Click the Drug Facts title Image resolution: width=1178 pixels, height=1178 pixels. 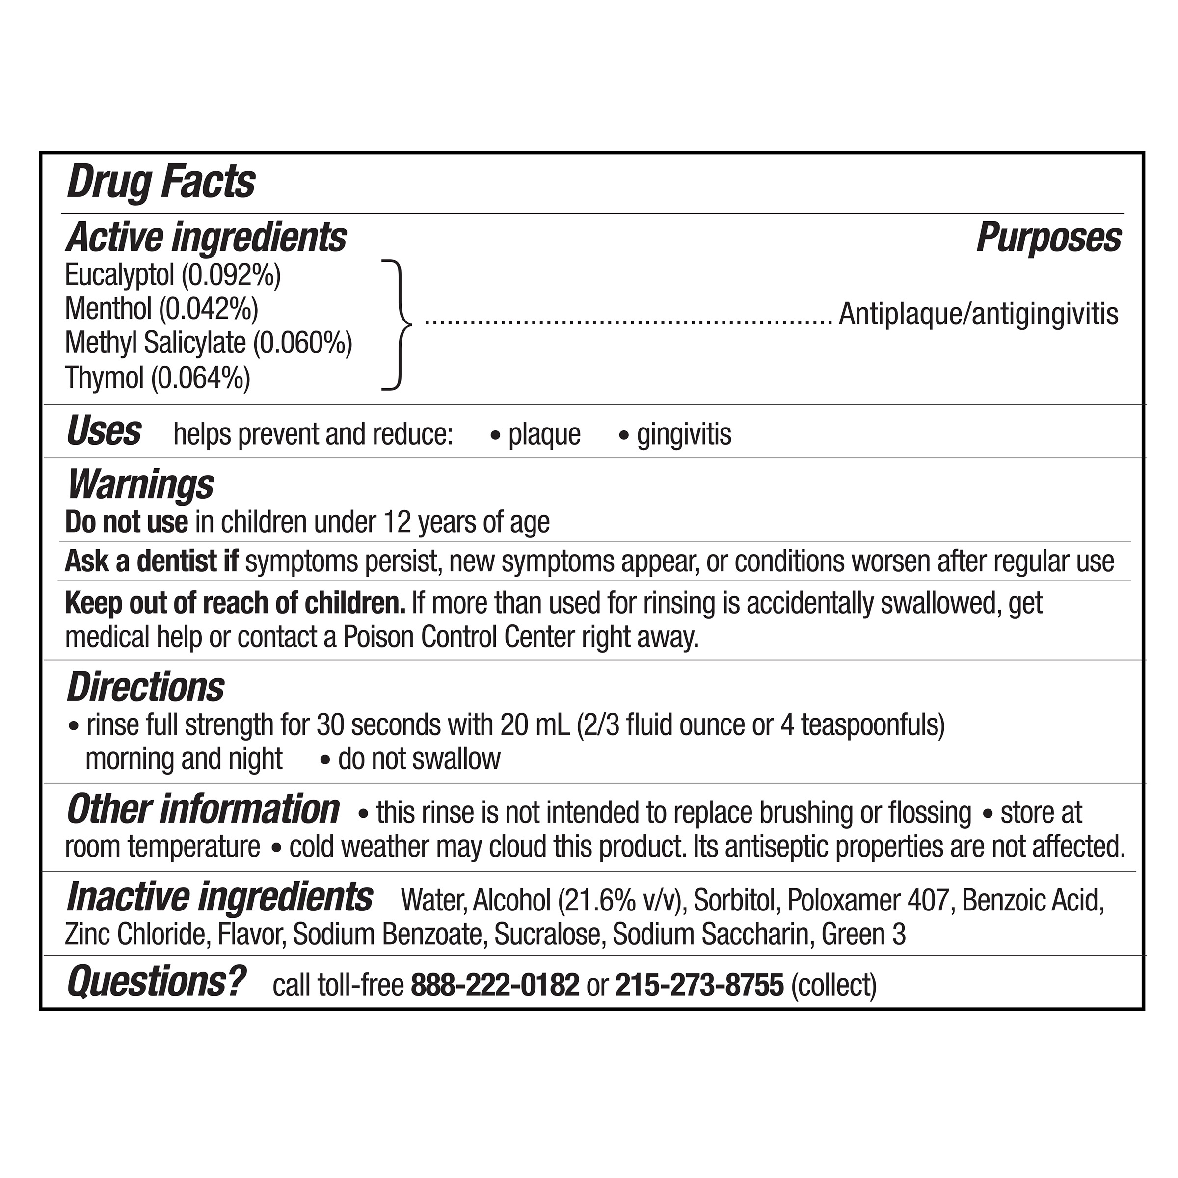(x=161, y=182)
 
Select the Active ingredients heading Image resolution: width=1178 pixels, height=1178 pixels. (x=206, y=237)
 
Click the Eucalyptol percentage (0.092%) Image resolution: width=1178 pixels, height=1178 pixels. (x=232, y=275)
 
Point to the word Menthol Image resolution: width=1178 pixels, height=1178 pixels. (x=108, y=309)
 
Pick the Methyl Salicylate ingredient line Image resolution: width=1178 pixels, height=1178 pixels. (x=209, y=343)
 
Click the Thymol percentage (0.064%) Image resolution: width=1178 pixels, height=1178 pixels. (x=201, y=378)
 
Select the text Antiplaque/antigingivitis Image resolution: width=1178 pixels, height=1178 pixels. (x=978, y=315)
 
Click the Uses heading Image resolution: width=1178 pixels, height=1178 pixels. (x=104, y=432)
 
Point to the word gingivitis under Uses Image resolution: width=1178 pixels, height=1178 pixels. (x=684, y=435)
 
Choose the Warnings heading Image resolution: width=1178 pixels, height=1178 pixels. (x=140, y=485)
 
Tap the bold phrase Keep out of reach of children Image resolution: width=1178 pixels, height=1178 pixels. (x=236, y=604)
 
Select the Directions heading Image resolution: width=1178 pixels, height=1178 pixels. (x=145, y=688)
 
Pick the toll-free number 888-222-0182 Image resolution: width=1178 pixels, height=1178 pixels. (x=495, y=985)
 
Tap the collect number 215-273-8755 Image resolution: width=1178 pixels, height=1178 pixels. (x=699, y=985)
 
